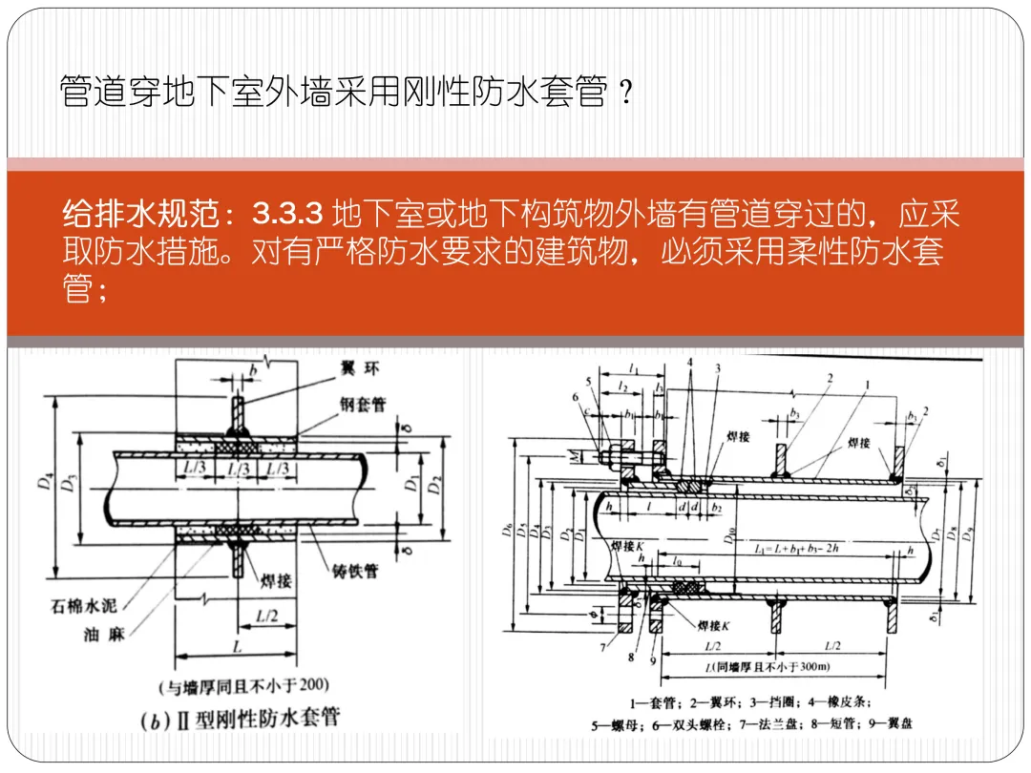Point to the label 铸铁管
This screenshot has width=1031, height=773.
pos(355,571)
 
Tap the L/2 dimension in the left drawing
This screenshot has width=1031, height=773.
pos(266,618)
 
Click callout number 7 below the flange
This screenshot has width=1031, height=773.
pos(603,648)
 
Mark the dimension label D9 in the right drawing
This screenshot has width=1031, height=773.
pos(971,534)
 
